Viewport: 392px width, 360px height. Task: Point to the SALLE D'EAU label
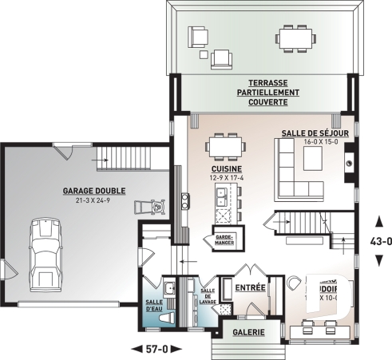click(153, 306)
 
